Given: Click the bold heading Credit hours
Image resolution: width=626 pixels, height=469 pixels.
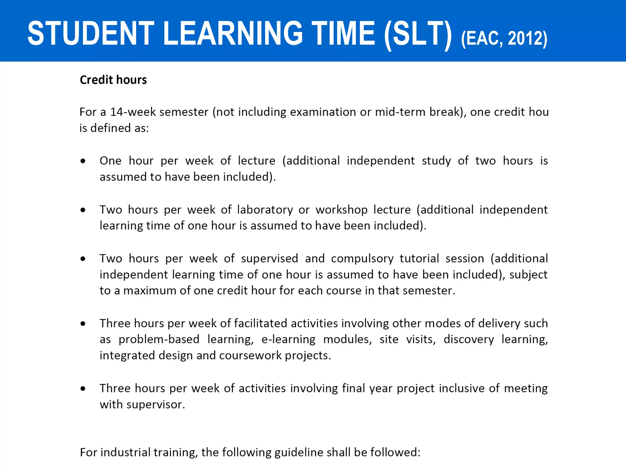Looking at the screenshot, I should pos(113,80).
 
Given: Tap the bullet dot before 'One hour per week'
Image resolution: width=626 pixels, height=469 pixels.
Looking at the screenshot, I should pos(83,161).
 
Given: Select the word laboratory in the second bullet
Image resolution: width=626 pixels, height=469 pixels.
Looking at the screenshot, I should pos(265,210).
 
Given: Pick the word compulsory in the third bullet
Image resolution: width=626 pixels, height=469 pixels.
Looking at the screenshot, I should pos(362,259).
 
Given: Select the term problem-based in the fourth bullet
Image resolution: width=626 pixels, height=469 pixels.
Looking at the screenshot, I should pos(159,339).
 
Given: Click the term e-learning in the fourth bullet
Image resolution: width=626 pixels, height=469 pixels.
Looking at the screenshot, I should pos(288,339).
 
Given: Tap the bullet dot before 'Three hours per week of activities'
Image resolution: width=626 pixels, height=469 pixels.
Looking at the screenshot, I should pos(83,389).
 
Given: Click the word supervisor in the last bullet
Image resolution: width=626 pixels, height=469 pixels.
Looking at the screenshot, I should pos(156,405).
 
